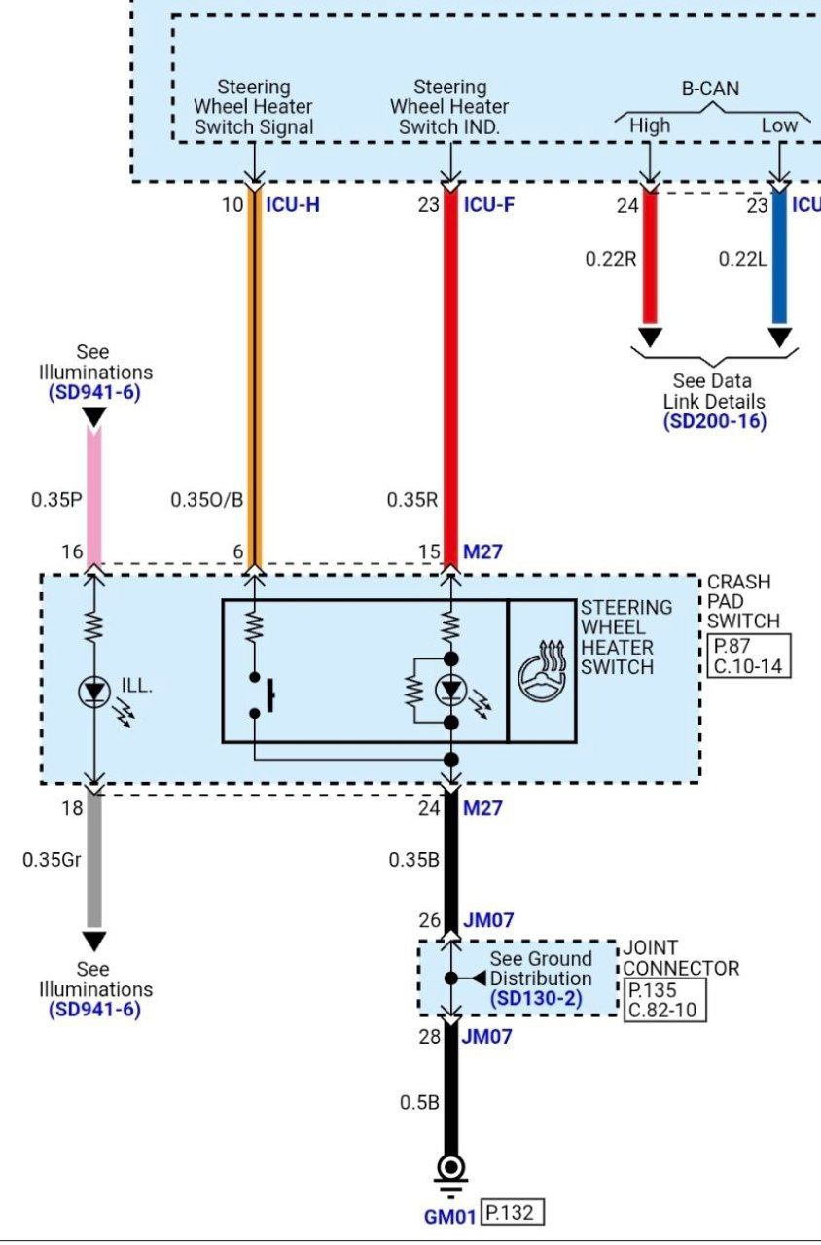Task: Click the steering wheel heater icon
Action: [x=542, y=671]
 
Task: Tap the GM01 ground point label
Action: [x=450, y=1216]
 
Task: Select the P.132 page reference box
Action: [x=513, y=1213]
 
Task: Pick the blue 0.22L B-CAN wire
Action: [x=779, y=258]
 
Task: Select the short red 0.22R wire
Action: [x=650, y=258]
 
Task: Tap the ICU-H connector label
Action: [x=293, y=205]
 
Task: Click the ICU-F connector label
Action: [x=489, y=205]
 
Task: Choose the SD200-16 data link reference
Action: [x=715, y=421]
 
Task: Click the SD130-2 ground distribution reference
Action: [x=540, y=999]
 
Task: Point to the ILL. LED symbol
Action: [x=94, y=692]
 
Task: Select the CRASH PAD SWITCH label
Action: [x=742, y=601]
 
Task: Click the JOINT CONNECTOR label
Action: [x=680, y=957]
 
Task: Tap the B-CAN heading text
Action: [x=709, y=89]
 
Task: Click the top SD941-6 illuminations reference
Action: [x=94, y=393]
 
